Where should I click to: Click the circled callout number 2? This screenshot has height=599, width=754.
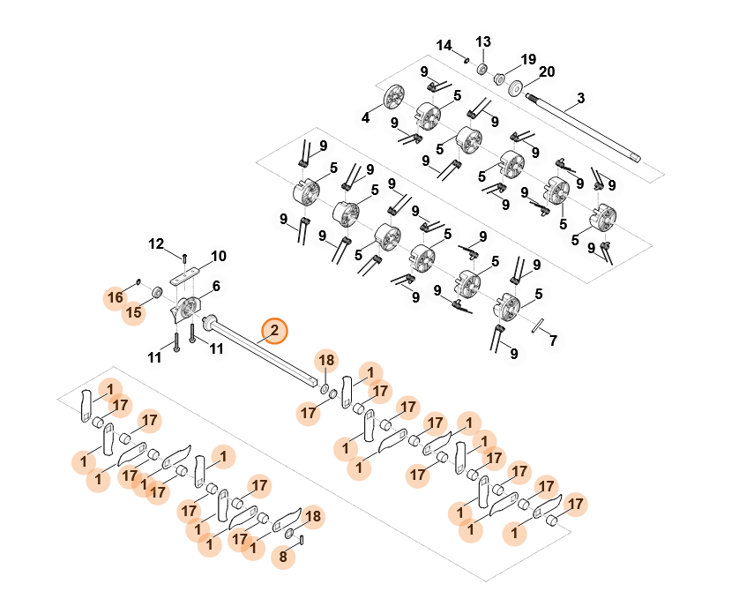[x=274, y=331]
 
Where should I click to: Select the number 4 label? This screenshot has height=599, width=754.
[x=365, y=116]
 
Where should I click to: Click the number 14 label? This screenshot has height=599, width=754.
[x=444, y=45]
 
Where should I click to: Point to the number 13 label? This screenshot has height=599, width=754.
[x=482, y=41]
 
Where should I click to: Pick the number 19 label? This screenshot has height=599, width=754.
[x=527, y=60]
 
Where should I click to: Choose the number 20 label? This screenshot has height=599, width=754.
[x=546, y=71]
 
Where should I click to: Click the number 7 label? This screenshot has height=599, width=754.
[x=553, y=340]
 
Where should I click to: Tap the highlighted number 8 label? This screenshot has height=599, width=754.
[x=283, y=558]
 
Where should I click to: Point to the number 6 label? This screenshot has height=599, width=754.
[x=215, y=286]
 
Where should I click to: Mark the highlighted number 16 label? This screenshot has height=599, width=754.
[x=116, y=297]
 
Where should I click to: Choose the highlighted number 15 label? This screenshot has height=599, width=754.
[x=133, y=312]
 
